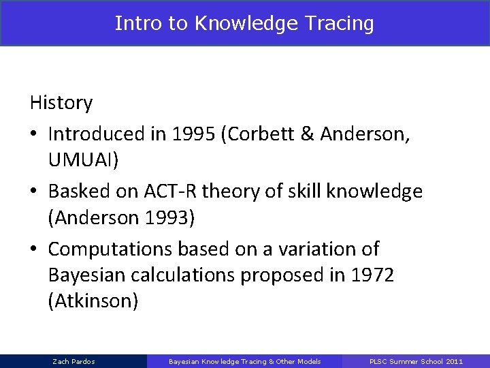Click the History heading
point(61,103)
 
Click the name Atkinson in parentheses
point(93,301)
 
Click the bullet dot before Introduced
point(35,134)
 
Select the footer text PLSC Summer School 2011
point(416,361)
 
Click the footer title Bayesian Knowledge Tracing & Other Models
point(244,361)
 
